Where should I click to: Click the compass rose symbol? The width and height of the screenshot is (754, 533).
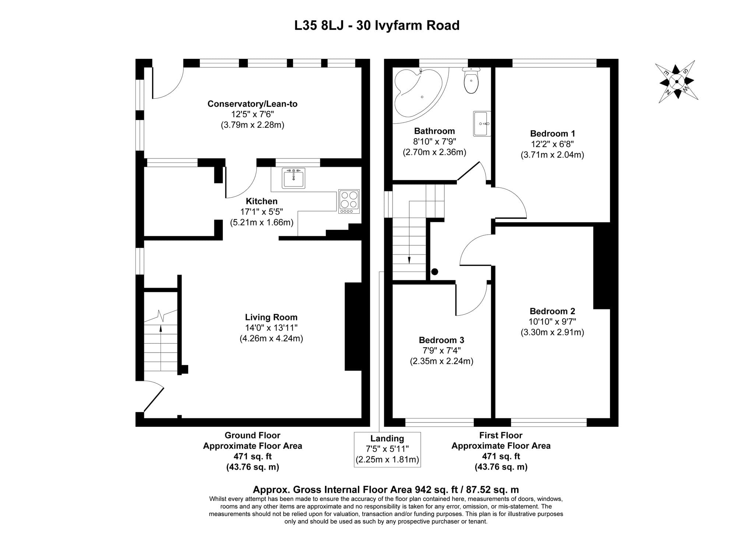(677, 81)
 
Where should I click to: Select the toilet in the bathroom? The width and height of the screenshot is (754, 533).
(471, 80)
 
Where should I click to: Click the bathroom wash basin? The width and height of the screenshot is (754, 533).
(482, 124)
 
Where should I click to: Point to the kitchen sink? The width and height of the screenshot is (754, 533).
(293, 178)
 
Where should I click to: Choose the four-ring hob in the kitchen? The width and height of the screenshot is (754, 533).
(349, 201)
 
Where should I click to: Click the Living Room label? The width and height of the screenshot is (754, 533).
(271, 317)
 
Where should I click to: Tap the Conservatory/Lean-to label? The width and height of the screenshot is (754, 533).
(253, 104)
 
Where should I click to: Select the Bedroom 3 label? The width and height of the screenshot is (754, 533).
(441, 340)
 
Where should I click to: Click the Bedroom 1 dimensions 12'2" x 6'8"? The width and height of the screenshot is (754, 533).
(552, 144)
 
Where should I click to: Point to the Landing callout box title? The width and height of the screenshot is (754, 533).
(387, 438)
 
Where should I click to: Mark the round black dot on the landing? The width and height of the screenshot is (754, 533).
(434, 272)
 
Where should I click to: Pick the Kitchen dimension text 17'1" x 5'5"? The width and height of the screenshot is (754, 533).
(262, 212)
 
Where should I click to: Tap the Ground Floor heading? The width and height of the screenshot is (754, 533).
(253, 435)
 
